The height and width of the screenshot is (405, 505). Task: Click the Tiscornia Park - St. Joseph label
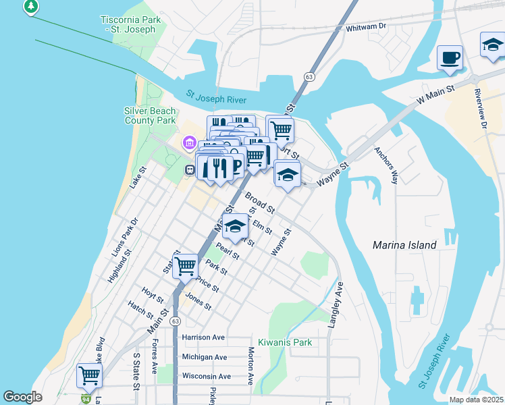tap(130, 25)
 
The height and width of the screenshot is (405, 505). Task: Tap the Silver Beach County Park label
tap(150, 115)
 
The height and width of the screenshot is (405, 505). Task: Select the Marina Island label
tap(404, 245)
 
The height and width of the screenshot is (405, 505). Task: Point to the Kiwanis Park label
tap(285, 342)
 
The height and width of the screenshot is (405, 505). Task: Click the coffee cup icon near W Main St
tap(449, 58)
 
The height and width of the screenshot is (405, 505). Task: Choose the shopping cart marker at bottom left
tap(89, 375)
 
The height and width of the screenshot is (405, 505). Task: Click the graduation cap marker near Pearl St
tap(236, 227)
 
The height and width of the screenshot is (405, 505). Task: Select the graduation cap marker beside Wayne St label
tap(288, 175)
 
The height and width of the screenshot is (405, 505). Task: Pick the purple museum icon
tap(189, 143)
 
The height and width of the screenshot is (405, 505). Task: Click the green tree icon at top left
tap(30, 7)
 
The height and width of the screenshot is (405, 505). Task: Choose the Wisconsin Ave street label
tap(206, 376)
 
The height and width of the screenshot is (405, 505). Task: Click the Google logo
tap(22, 397)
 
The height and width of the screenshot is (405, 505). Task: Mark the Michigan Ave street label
tap(205, 356)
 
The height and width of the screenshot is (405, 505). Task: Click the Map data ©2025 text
tap(476, 400)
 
